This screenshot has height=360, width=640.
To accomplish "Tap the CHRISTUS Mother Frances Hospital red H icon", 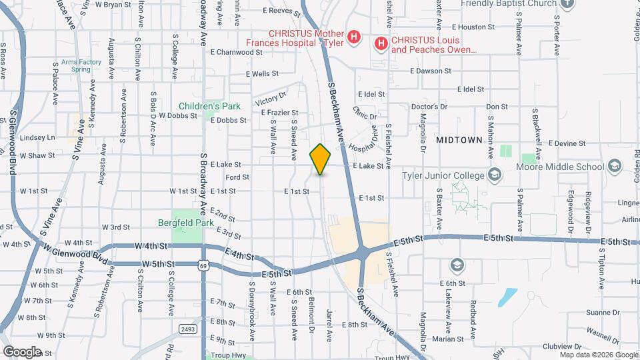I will [x=354, y=35].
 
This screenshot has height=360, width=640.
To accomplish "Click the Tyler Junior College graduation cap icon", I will [x=494, y=175].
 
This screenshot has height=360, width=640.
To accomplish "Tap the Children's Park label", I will [x=209, y=106].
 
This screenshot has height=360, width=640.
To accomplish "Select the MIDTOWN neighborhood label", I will [x=459, y=140].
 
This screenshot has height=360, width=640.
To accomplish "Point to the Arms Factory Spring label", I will [x=81, y=65].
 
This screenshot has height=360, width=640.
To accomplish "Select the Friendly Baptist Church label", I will [x=508, y=3].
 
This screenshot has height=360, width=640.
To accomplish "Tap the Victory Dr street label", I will [x=270, y=100].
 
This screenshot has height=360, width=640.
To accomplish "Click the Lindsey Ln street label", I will [x=37, y=138].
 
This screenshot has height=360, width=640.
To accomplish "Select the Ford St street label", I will [x=237, y=177].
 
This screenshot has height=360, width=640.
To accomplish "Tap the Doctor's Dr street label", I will [x=429, y=107].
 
